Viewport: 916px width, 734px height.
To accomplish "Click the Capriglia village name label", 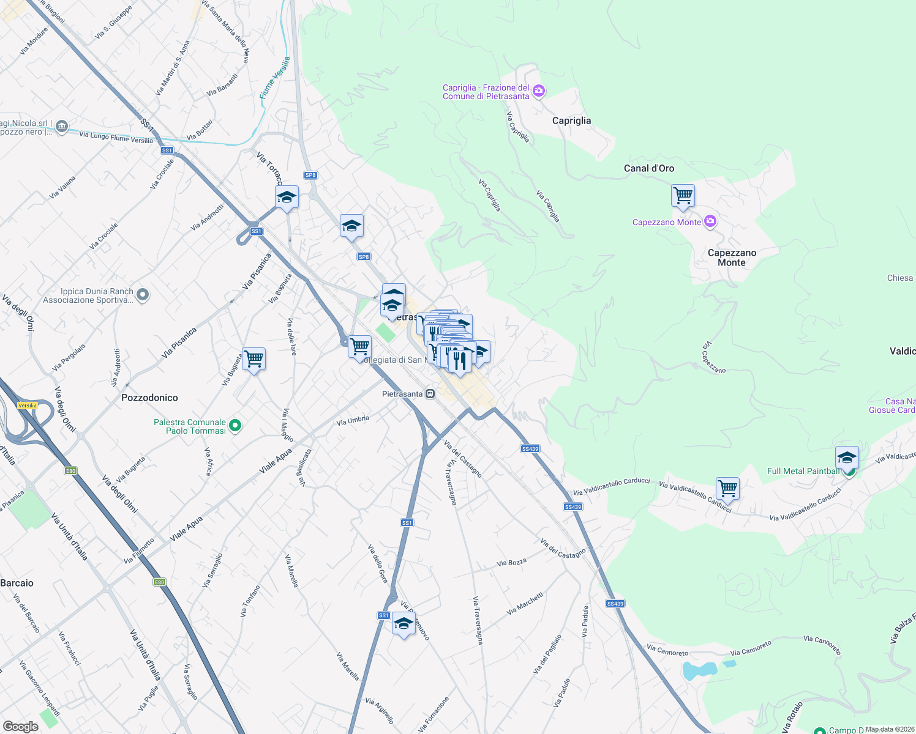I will [571, 120].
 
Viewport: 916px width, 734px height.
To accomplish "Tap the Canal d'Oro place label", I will [648, 168].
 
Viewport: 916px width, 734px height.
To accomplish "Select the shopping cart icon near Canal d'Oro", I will [682, 196].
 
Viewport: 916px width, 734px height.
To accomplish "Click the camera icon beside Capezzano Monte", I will [710, 221].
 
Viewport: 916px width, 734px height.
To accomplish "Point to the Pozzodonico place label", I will [149, 398].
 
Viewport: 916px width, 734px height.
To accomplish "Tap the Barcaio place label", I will [17, 583].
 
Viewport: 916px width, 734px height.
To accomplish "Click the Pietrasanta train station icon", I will [430, 394].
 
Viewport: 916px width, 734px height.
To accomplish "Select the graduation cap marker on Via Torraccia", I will [287, 197].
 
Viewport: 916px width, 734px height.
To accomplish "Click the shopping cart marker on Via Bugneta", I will [253, 358].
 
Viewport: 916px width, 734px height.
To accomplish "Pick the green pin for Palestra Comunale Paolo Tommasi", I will [235, 425].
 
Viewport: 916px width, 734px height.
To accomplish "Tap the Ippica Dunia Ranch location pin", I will [142, 295].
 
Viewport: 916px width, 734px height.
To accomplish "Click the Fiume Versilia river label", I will [274, 78].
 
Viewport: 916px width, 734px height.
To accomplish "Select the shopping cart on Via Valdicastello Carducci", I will [727, 489].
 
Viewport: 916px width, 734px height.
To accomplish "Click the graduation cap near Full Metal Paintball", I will [847, 458].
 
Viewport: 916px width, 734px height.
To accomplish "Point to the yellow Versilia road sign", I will [27, 406].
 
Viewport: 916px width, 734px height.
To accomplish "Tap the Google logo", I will [20, 727].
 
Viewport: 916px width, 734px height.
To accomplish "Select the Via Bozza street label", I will [511, 562].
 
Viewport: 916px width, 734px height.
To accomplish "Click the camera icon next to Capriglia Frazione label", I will [539, 92].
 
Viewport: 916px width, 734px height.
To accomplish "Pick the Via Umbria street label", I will [353, 421].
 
